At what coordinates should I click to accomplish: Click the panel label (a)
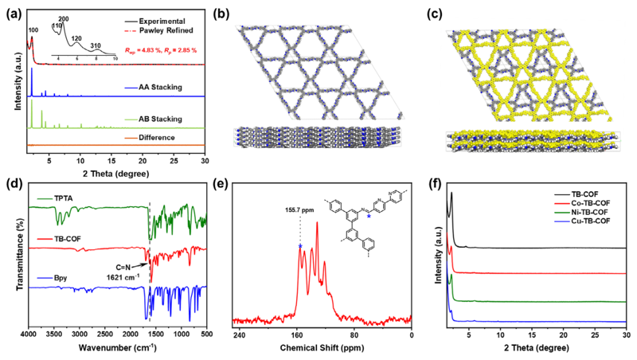coord(14,11)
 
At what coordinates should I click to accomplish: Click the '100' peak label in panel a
coord(33,30)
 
